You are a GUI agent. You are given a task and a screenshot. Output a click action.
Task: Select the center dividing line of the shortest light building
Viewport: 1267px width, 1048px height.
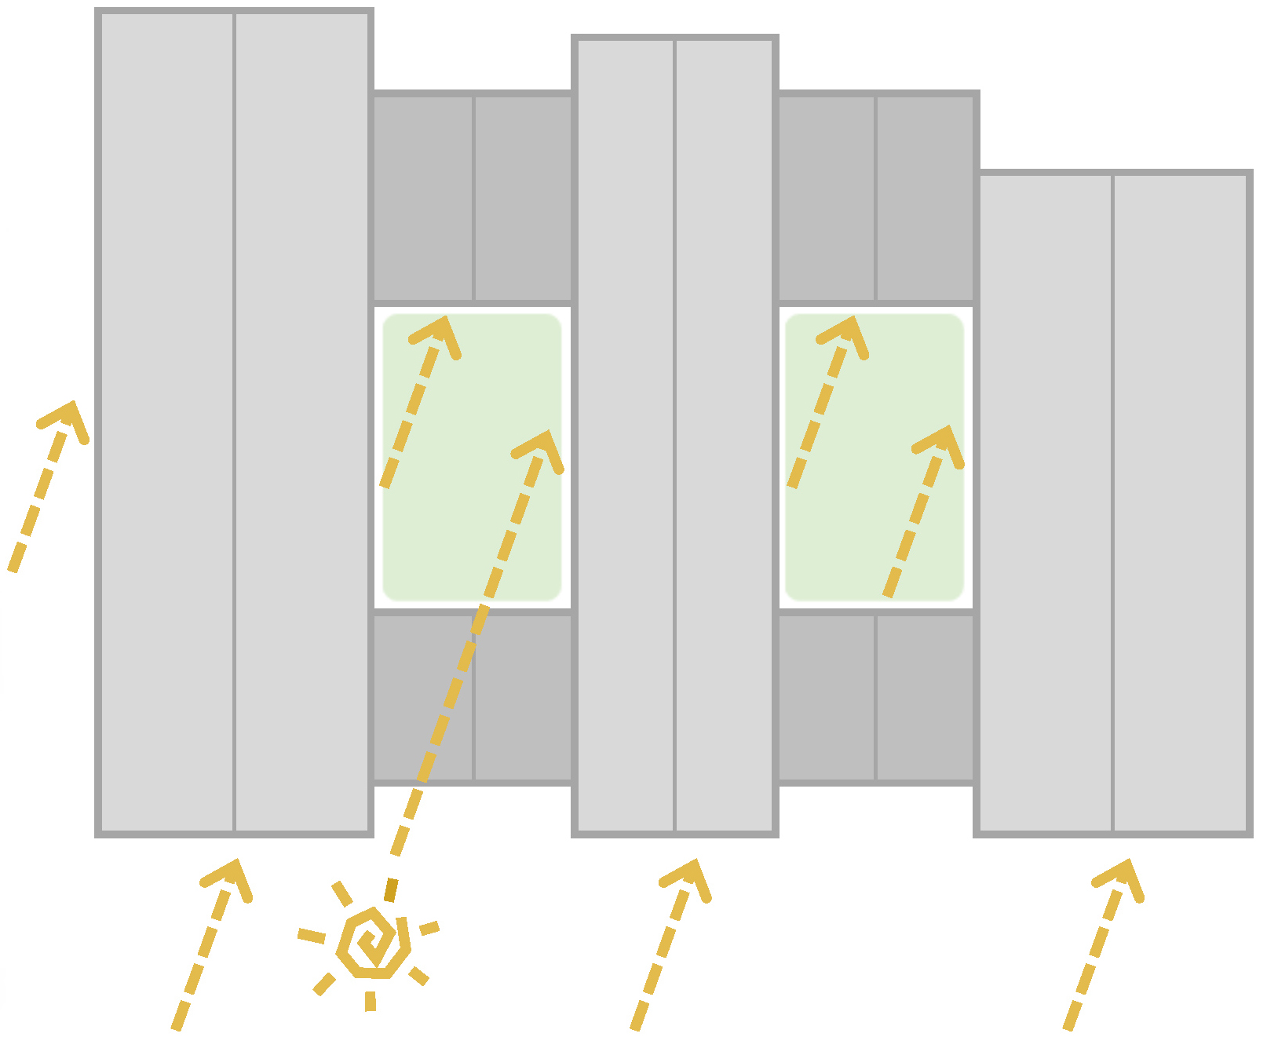pyautogui.click(x=1112, y=502)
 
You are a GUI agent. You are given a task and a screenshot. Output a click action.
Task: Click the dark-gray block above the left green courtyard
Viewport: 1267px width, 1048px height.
pyautogui.click(x=424, y=196)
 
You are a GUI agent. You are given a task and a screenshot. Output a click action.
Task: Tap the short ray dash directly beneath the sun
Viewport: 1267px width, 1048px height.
pyautogui.click(x=371, y=1000)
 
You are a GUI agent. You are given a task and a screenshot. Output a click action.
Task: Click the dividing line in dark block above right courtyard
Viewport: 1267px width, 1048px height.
pyautogui.click(x=875, y=196)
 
